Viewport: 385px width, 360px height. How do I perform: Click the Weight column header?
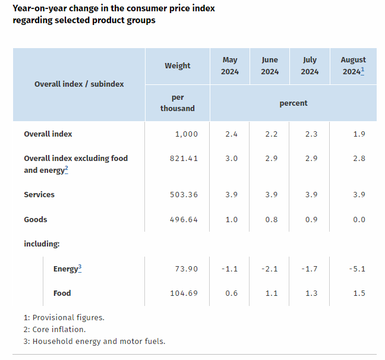tap(177, 66)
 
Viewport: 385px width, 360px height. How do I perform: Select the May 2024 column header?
tap(229, 66)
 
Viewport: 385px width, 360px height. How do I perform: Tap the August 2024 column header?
tap(353, 66)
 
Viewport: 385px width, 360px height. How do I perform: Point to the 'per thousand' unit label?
tap(177, 103)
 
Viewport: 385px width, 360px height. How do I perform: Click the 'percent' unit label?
tap(294, 103)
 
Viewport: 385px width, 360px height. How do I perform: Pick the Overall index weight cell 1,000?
tap(187, 134)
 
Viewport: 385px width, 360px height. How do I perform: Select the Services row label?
tap(39, 194)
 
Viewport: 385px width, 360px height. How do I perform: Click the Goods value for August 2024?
tap(359, 220)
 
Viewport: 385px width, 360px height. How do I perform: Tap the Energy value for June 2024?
tap(270, 269)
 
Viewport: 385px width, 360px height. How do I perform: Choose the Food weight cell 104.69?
tap(184, 293)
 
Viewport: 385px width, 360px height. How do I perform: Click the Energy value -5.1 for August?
tap(357, 269)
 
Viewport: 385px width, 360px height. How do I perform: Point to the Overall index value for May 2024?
tap(232, 134)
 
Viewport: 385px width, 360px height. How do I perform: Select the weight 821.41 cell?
tap(184, 159)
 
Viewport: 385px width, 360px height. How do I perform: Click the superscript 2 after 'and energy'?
tap(67, 169)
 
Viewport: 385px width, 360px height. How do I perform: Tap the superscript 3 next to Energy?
tap(80, 267)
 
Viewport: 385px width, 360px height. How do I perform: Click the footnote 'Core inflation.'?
tap(59, 329)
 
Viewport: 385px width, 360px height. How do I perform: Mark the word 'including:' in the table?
tap(42, 244)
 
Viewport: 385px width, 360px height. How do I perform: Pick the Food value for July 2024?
tap(311, 293)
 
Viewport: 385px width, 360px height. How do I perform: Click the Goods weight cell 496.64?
tap(184, 220)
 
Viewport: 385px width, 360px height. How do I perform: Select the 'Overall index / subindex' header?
tap(79, 84)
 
